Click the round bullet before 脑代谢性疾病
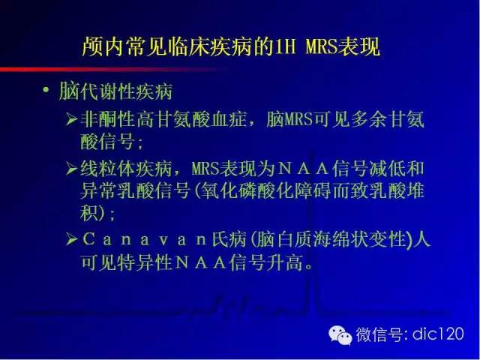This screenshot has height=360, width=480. point(46,90)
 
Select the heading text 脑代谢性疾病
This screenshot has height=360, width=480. point(115,91)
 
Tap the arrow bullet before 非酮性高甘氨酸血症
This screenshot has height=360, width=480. point(72,119)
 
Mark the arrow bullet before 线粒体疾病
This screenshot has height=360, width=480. point(72,169)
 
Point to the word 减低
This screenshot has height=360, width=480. point(387,169)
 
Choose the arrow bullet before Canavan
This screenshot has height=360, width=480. point(72,239)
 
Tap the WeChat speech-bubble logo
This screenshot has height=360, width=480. point(340,334)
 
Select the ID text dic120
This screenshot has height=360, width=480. point(438,333)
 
